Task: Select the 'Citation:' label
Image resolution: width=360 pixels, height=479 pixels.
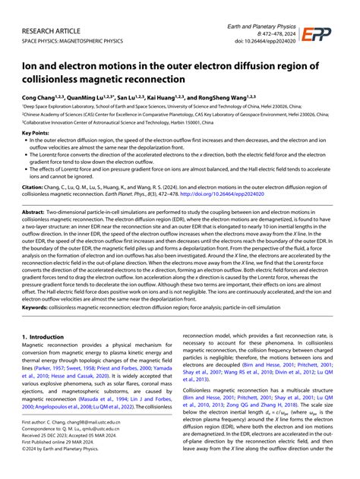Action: tap(33, 185)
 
